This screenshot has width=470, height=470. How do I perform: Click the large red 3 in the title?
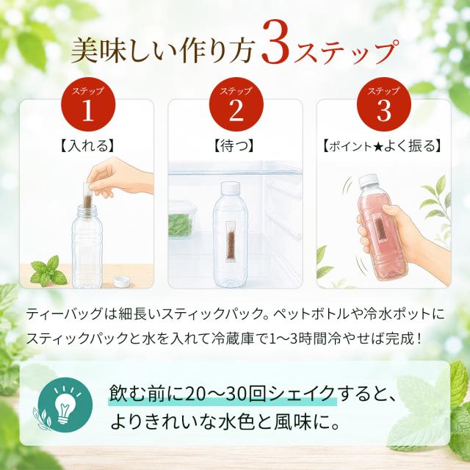(x=275, y=43)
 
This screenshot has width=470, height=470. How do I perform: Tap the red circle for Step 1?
(x=88, y=104)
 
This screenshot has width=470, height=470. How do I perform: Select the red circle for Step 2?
(x=236, y=104)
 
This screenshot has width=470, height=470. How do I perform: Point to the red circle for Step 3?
(x=384, y=104)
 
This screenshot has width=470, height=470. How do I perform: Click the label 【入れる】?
(x=87, y=146)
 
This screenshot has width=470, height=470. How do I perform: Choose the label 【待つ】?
(x=234, y=146)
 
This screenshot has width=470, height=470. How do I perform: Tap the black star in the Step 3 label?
(x=378, y=147)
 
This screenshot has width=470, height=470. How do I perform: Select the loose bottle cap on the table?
(x=123, y=283)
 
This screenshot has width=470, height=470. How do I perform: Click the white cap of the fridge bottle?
(x=231, y=188)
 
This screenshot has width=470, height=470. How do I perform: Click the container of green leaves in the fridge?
(x=181, y=220)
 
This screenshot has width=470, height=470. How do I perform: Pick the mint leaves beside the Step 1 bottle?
(x=48, y=272)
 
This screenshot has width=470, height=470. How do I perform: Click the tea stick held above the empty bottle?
(x=89, y=197)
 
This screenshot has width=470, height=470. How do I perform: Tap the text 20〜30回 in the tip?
(x=226, y=394)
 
